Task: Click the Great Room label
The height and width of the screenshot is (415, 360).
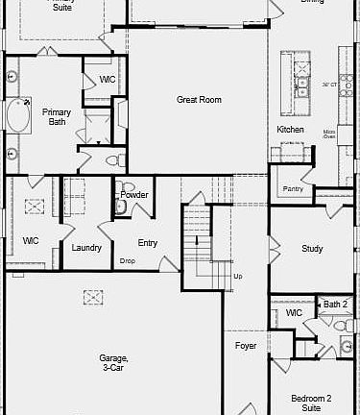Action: pos(199,100)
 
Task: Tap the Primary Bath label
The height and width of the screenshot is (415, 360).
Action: pos(56,116)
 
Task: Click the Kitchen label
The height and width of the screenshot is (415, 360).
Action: pos(291,129)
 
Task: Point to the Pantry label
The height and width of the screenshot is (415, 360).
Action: pos(294,189)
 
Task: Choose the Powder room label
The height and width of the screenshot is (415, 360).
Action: pos(135,195)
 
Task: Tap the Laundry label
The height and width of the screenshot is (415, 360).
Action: pos(86,248)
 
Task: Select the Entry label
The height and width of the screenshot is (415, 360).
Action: pos(148,243)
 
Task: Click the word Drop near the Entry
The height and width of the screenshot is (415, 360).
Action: pos(127,260)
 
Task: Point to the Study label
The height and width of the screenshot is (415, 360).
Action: pos(312,249)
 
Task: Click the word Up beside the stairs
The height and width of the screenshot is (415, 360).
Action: pos(239,277)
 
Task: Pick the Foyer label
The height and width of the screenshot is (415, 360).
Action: pos(246,345)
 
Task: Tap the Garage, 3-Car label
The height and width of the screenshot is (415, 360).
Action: pos(113,363)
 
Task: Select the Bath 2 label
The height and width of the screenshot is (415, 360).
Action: pos(335,305)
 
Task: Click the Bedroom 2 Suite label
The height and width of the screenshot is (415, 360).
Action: pos(312,403)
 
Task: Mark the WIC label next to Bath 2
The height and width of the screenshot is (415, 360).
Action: pos(294,313)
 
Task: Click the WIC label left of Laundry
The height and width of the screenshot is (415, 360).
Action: pos(31,240)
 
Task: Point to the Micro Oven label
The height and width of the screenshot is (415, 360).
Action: pos(328,134)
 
